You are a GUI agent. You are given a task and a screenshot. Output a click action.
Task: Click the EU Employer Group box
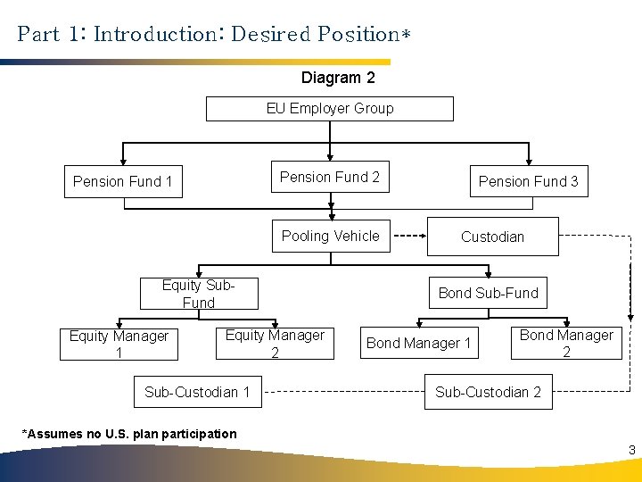click(x=330, y=109)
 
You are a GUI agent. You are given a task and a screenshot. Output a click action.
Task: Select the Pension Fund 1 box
click(x=123, y=181)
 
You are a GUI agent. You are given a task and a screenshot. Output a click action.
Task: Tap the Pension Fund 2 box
click(x=330, y=177)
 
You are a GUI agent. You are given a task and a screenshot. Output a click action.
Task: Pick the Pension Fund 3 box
click(x=528, y=181)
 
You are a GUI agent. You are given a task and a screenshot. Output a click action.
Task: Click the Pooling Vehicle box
click(x=331, y=236)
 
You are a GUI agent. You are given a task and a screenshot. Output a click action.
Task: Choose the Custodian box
click(x=492, y=237)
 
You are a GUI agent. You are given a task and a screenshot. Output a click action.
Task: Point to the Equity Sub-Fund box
click(x=198, y=295)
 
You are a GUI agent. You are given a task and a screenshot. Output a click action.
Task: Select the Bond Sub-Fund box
click(x=488, y=293)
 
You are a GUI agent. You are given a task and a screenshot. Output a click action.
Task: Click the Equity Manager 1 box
click(x=119, y=344)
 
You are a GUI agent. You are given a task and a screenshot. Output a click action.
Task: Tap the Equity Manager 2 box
click(x=275, y=344)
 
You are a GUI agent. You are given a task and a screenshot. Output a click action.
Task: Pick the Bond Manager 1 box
click(x=418, y=343)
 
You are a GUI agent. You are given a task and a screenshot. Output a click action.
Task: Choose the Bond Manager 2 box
click(x=566, y=343)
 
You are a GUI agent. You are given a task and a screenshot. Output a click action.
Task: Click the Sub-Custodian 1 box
click(x=197, y=392)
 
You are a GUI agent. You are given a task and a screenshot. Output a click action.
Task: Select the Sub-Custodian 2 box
click(x=488, y=392)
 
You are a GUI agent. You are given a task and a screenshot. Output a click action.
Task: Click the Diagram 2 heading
click(x=338, y=78)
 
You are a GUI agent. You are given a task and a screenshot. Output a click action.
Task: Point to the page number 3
click(x=631, y=450)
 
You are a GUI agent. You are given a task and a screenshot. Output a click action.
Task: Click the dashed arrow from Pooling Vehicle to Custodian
click(x=409, y=237)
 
